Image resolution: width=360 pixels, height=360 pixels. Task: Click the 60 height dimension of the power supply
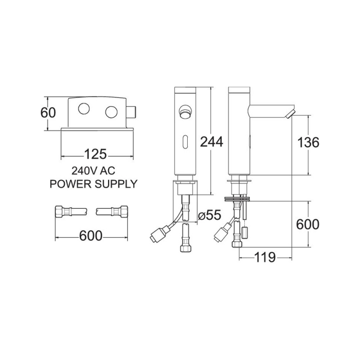48,113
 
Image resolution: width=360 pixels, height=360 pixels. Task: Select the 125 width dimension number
96,154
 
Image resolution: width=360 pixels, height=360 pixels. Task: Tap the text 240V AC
94,171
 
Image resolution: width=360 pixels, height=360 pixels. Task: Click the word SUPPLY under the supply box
116,184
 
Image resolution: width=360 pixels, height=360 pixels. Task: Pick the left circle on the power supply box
84,108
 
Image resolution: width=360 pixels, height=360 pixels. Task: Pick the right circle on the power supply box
111,112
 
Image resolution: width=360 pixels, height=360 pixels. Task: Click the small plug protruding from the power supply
131,112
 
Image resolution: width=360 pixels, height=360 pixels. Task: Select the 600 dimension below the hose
91,235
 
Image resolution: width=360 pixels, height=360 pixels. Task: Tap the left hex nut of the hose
59,211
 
